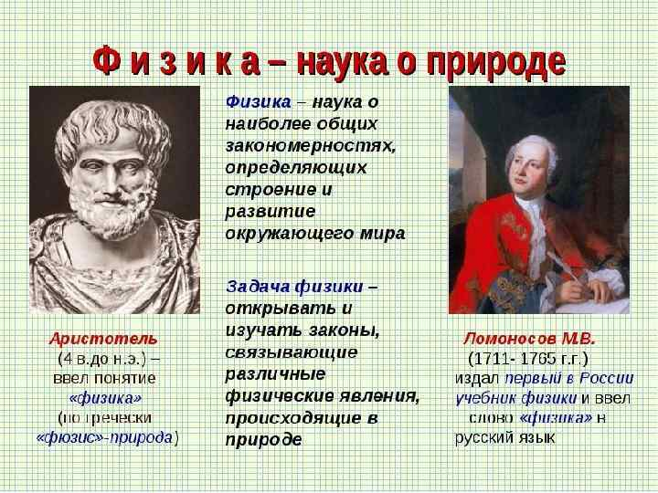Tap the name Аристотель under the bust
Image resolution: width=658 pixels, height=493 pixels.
click(103, 338)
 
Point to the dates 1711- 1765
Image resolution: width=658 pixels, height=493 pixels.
click(528, 357)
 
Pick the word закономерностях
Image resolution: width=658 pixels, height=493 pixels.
click(310, 144)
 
